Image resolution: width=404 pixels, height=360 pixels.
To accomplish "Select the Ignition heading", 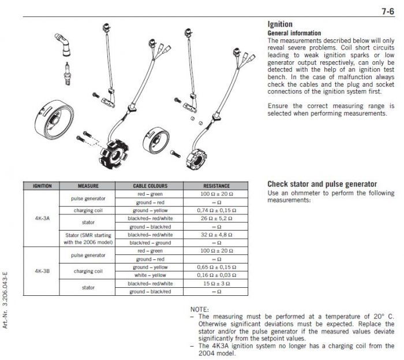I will pos(280,24).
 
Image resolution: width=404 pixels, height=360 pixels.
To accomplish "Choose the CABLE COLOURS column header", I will pos(150,186).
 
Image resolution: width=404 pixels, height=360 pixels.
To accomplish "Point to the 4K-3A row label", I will pos(43,218).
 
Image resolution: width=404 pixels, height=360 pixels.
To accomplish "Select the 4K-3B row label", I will pos(43,271).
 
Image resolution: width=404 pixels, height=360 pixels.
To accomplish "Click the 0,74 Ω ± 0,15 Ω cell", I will pos(216,210).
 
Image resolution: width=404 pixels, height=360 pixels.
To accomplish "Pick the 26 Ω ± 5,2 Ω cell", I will pos(216,219).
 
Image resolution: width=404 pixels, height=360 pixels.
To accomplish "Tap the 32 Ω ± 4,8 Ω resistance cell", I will pos(216,235).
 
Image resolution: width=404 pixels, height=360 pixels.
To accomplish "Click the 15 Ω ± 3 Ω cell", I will pos(216,284).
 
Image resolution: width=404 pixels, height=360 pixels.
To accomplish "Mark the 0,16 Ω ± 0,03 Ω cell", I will pos(216,276).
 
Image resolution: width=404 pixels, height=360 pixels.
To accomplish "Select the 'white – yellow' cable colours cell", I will pos(150,276).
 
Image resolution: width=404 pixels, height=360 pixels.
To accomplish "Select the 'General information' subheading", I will pos(294,34).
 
